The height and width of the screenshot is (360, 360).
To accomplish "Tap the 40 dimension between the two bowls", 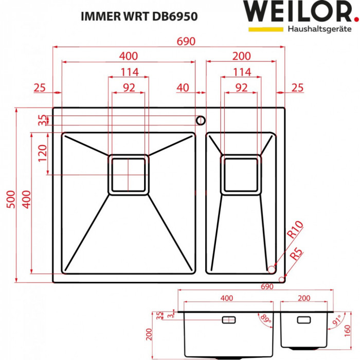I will tap(183, 87).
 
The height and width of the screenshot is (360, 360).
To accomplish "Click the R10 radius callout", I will tap(296, 228).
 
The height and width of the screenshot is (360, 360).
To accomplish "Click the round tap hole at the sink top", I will tap(200, 120).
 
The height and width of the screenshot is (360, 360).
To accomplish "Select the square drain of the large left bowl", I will tap(128, 175).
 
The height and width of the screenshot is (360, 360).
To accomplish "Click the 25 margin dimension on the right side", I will tap(297, 87).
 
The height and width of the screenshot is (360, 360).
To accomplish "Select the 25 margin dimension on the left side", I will tap(40, 87).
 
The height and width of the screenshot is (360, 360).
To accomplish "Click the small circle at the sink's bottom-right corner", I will tap(281, 279).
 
